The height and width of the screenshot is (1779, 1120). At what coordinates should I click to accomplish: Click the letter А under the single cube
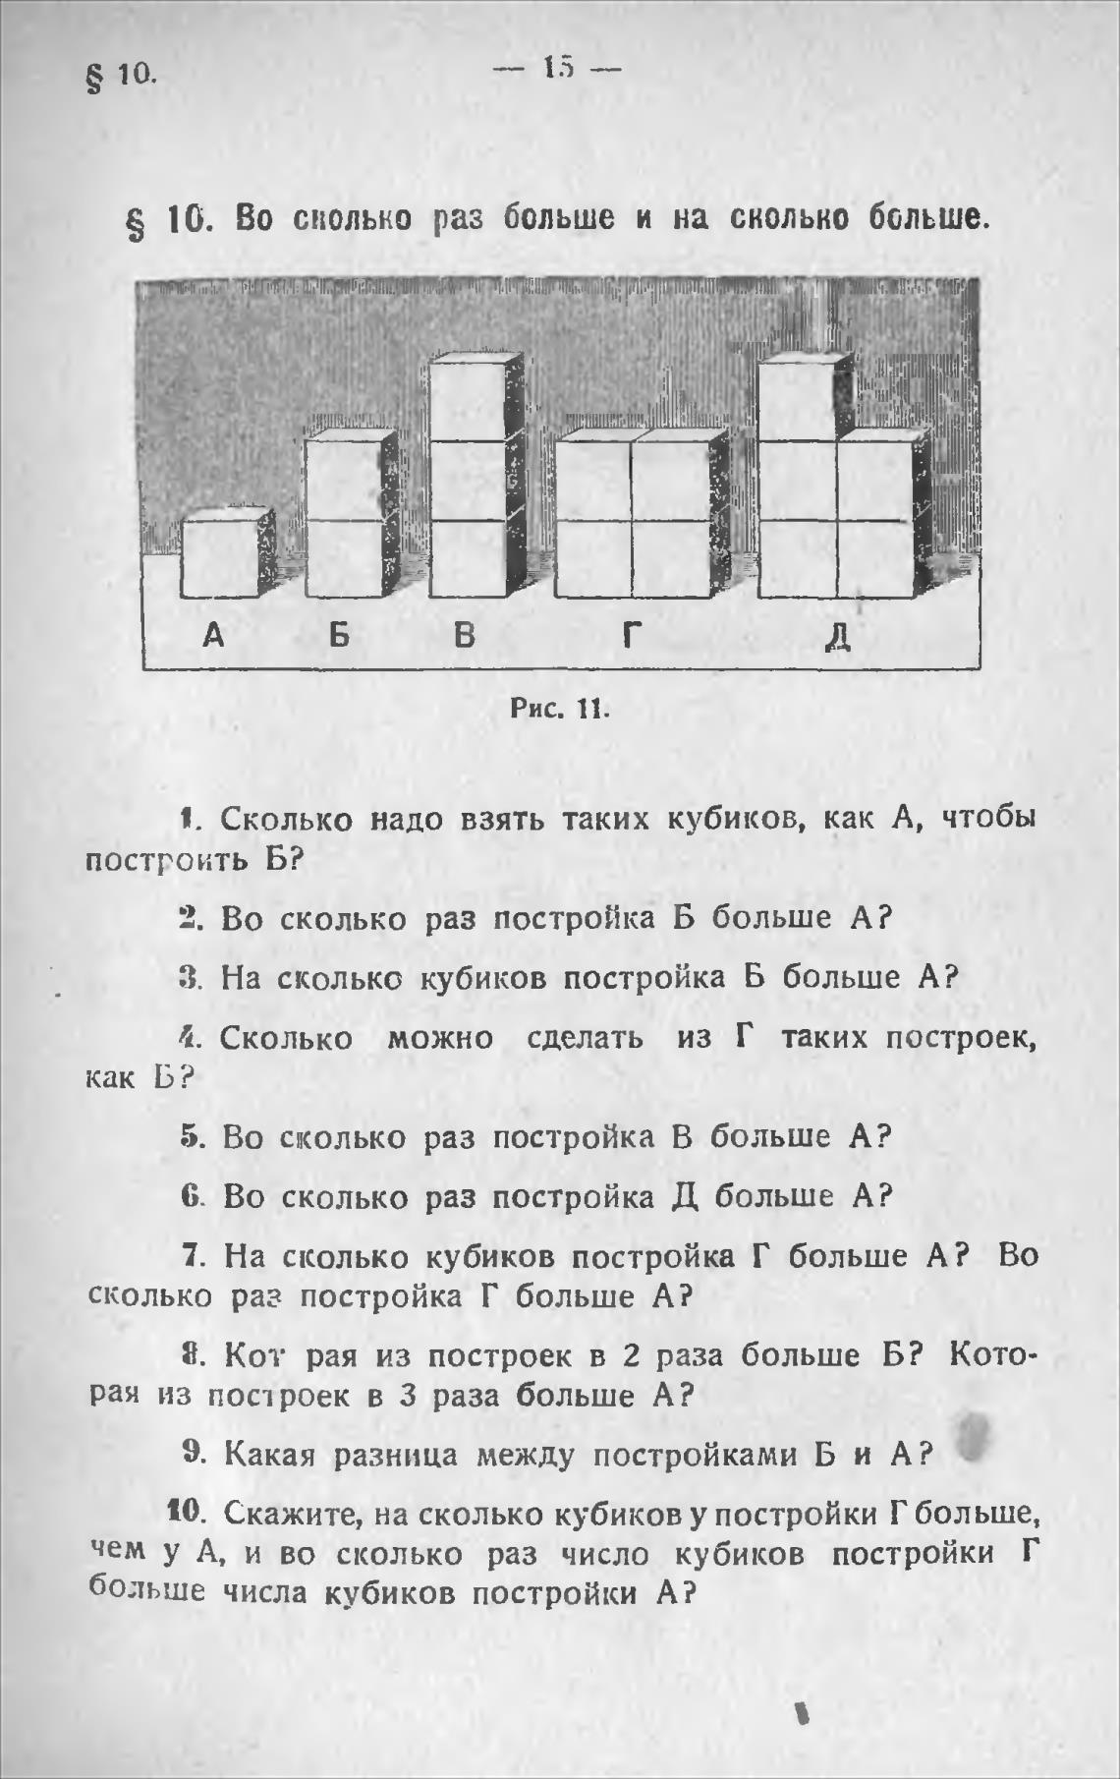213,635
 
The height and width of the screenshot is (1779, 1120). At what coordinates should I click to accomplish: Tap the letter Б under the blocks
339,635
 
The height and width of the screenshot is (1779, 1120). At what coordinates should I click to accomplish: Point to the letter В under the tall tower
464,635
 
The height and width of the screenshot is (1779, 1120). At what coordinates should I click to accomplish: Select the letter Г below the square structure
632,636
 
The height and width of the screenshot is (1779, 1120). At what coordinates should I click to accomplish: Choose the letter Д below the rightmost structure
837,637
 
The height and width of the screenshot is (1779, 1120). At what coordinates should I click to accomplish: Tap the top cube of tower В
468,401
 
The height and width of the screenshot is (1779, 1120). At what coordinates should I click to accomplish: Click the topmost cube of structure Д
797,400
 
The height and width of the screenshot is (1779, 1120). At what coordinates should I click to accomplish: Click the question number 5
190,1137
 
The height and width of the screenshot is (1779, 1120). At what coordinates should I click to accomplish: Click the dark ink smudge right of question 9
976,1437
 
